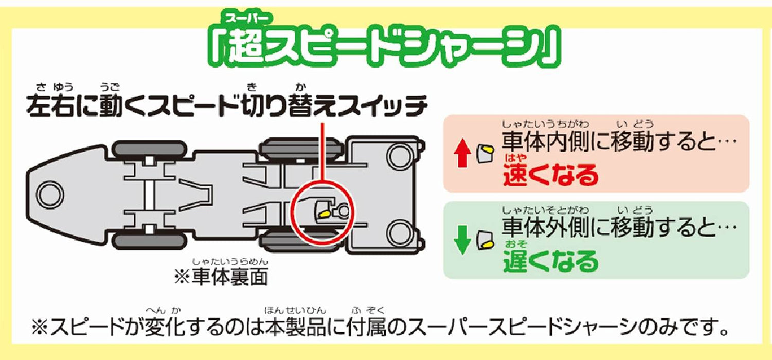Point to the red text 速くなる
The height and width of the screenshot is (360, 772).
[x=551, y=175]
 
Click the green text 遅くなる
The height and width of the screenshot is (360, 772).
[x=551, y=262]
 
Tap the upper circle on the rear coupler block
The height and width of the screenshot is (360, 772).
[x=397, y=154]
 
